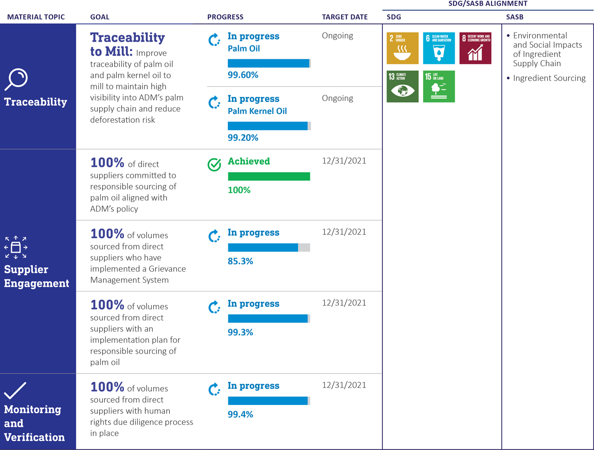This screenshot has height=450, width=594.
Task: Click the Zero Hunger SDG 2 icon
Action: click(402, 48)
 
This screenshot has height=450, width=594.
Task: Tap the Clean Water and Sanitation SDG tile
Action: click(439, 48)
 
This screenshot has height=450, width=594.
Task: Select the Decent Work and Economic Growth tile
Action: click(475, 48)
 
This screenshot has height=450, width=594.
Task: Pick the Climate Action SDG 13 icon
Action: click(402, 86)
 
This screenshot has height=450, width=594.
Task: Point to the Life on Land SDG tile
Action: click(439, 86)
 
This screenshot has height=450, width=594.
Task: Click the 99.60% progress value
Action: click(243, 75)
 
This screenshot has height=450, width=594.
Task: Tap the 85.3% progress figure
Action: click(240, 261)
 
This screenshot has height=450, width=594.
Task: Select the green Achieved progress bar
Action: click(269, 177)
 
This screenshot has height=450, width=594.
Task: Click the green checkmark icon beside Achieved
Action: click(214, 165)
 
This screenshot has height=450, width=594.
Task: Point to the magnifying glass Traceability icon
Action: click(17, 80)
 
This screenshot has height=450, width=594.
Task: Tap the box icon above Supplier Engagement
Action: click(16, 247)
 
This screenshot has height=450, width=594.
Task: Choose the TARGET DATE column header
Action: click(345, 17)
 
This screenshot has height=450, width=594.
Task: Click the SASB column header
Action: click(515, 17)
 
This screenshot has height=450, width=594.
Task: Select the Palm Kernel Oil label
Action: click(257, 111)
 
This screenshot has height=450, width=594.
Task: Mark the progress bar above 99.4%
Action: click(269, 401)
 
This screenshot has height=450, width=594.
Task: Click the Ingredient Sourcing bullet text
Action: click(549, 78)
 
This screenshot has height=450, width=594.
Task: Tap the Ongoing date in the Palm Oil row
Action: click(337, 36)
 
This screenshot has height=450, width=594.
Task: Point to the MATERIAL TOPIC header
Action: click(36, 17)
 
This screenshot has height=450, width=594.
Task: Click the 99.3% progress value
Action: click(240, 333)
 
